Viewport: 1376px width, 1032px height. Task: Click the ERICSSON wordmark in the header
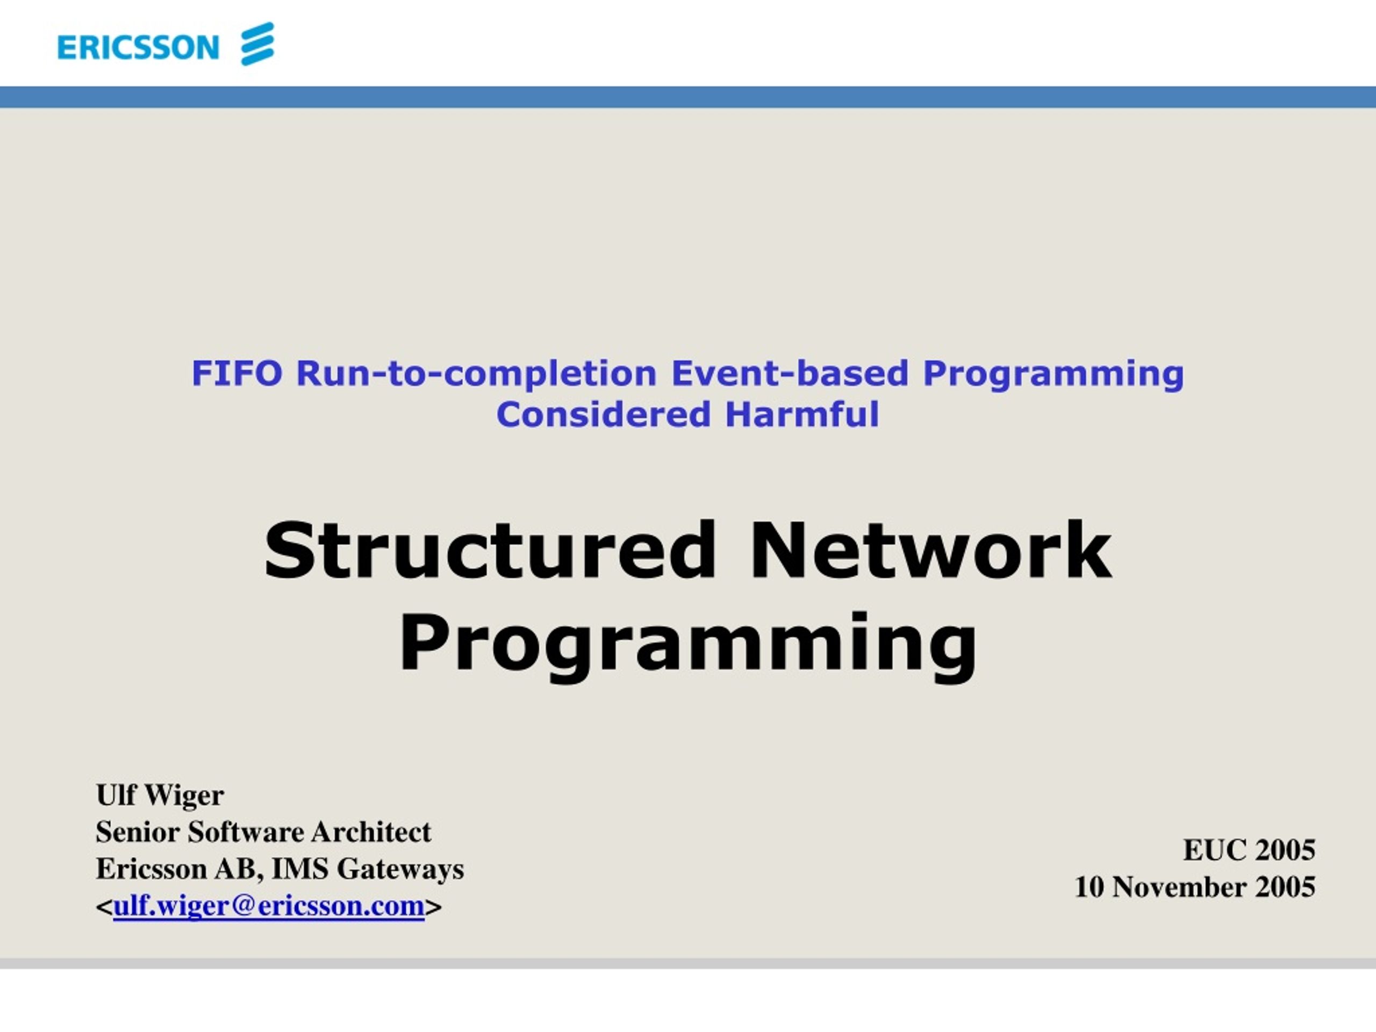(x=138, y=47)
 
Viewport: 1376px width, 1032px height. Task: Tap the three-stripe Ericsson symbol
(x=257, y=44)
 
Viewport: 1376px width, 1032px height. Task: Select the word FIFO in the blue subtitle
(x=237, y=373)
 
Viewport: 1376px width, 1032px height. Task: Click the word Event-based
(x=790, y=373)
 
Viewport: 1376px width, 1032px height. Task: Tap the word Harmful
(x=802, y=415)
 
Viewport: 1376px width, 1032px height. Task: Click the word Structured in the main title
(x=490, y=550)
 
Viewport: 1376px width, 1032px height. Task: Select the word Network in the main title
(x=930, y=550)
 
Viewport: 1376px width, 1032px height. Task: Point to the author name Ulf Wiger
(x=160, y=795)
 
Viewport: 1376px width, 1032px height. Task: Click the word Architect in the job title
(x=371, y=832)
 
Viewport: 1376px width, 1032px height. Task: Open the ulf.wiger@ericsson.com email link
(x=269, y=906)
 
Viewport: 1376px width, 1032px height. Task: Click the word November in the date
(x=1179, y=888)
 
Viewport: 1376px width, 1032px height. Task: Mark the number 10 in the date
(x=1088, y=888)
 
